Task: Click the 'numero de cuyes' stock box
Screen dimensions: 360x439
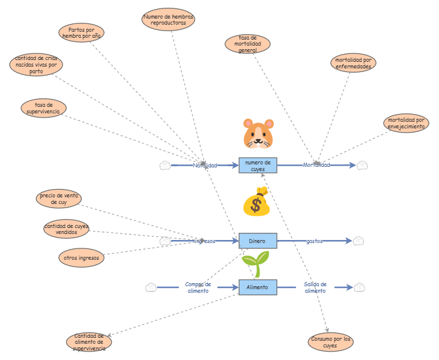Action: (258, 165)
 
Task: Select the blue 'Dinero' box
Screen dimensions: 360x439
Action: (258, 241)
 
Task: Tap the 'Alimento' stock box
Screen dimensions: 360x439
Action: (258, 287)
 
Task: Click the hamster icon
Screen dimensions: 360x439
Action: (258, 133)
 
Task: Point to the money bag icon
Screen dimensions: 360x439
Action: (256, 202)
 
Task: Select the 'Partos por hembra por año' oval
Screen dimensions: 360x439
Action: (82, 32)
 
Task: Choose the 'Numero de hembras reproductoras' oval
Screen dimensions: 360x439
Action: (168, 19)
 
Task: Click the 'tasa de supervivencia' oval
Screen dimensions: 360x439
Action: (43, 108)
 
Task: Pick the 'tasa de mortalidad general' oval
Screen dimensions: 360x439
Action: (247, 44)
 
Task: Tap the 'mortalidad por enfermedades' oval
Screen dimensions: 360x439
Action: (353, 63)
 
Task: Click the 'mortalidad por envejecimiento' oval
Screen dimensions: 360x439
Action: (407, 123)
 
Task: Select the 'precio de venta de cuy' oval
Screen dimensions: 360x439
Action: (58, 199)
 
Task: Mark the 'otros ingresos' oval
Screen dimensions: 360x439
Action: (81, 258)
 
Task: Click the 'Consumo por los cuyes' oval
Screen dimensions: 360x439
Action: (330, 342)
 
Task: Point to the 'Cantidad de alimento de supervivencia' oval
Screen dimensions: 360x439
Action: (89, 342)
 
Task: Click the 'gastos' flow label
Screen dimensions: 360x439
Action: (314, 241)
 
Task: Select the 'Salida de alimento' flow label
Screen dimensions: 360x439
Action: (315, 287)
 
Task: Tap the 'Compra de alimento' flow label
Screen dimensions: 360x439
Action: (198, 287)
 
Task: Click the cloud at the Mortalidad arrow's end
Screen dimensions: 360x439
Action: (362, 166)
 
